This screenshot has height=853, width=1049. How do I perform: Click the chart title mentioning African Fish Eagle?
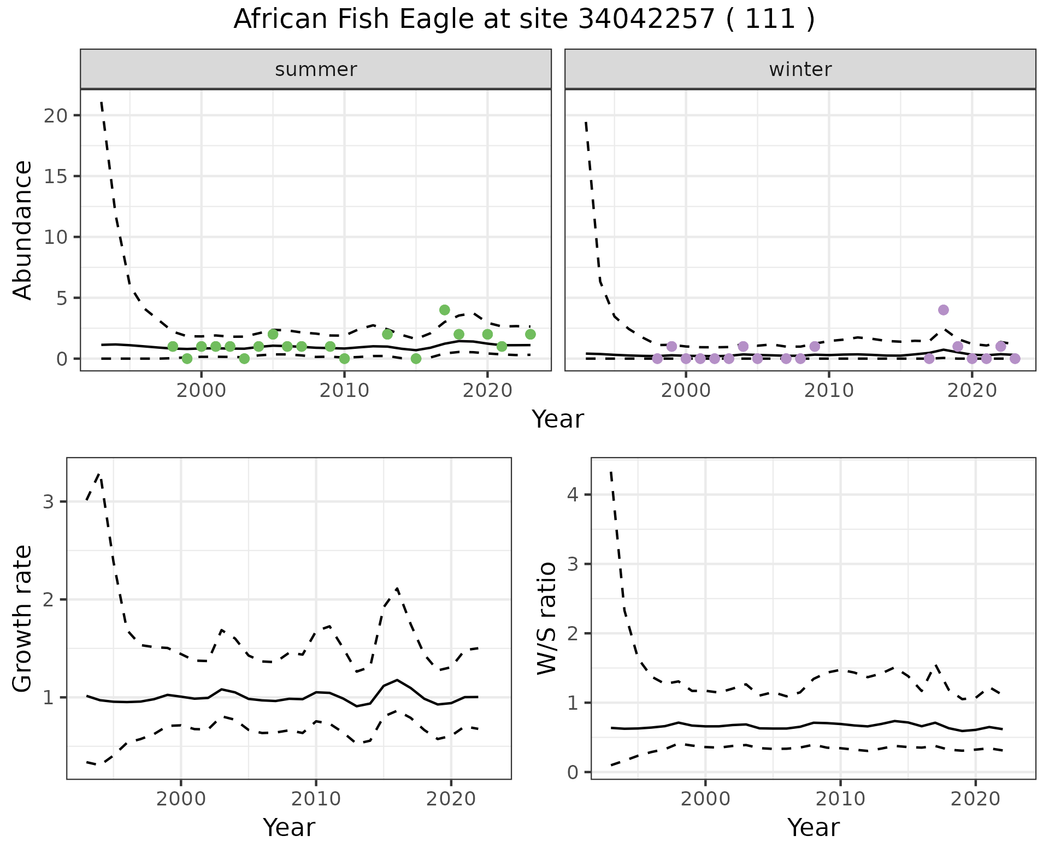click(524, 20)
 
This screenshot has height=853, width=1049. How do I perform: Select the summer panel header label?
click(316, 69)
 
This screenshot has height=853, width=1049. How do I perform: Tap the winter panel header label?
click(800, 69)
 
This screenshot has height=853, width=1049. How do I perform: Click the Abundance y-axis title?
click(23, 230)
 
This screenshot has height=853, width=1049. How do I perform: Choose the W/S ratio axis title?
click(547, 618)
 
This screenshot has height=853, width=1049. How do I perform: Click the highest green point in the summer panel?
click(444, 310)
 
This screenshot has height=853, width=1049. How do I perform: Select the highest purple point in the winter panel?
click(943, 310)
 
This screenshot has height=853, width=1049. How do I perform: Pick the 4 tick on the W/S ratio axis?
click(573, 495)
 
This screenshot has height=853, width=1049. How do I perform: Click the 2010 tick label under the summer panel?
click(344, 390)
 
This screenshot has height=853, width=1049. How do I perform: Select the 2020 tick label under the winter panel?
click(972, 390)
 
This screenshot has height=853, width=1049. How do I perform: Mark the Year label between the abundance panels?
click(558, 419)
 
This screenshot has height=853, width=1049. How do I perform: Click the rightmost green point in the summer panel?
click(530, 334)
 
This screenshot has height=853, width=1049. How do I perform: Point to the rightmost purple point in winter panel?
click(1015, 359)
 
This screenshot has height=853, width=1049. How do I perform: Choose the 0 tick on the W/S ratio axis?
click(573, 772)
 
